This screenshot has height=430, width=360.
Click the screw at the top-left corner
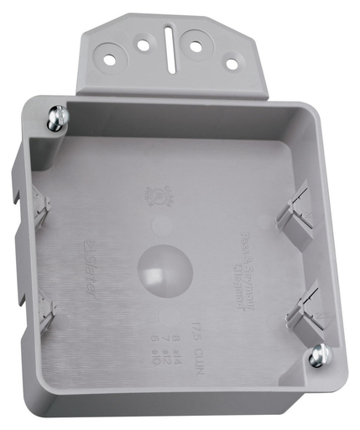(x=56, y=118)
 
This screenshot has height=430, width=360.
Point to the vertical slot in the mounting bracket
(x=169, y=50)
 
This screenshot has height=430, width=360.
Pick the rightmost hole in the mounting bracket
(x=230, y=64)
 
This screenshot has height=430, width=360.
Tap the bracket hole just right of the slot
(x=196, y=45)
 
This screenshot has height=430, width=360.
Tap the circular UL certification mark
(x=157, y=197)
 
